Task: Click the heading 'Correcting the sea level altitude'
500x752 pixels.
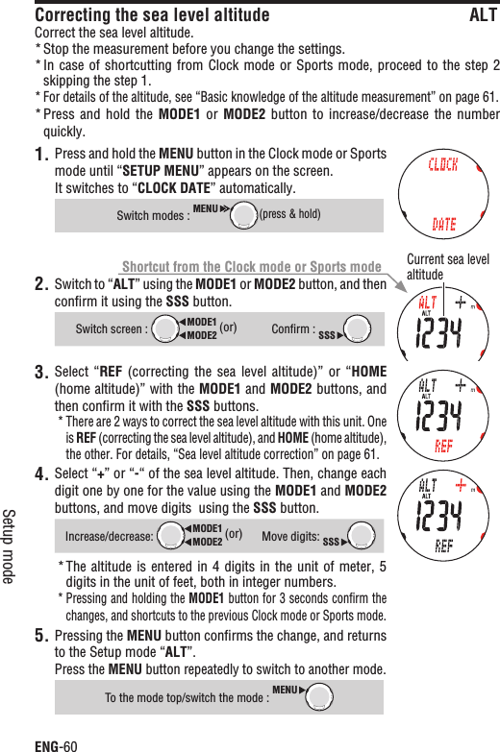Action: point(152,15)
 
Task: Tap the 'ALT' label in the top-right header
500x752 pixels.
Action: point(483,15)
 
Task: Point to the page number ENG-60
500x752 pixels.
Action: point(56,742)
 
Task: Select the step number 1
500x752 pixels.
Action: point(41,156)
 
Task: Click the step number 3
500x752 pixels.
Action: point(41,373)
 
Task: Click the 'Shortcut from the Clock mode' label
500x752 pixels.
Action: point(252,266)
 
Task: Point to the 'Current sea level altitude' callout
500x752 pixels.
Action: point(448,267)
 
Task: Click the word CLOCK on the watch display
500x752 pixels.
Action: point(442,164)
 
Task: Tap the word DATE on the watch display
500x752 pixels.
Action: point(443,225)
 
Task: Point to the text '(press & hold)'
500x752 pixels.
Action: point(290,214)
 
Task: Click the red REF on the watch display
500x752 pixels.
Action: point(443,446)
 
